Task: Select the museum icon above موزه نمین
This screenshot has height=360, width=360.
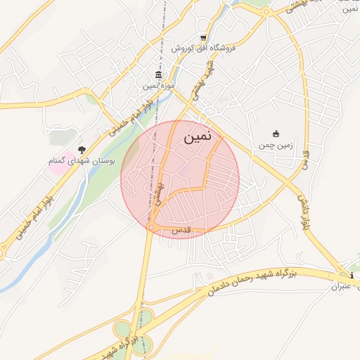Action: pyautogui.click(x=157, y=75)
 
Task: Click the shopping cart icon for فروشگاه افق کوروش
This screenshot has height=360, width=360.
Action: pyautogui.click(x=204, y=38)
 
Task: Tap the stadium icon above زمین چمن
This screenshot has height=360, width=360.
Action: pyautogui.click(x=276, y=134)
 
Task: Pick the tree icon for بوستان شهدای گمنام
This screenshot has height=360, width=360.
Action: pyautogui.click(x=82, y=150)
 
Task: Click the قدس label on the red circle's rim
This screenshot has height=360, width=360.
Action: pyautogui.click(x=182, y=231)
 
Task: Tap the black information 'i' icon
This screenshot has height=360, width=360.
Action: pyautogui.click(x=352, y=275)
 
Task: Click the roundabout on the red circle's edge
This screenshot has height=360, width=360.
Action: pyautogui.click(x=152, y=226)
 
